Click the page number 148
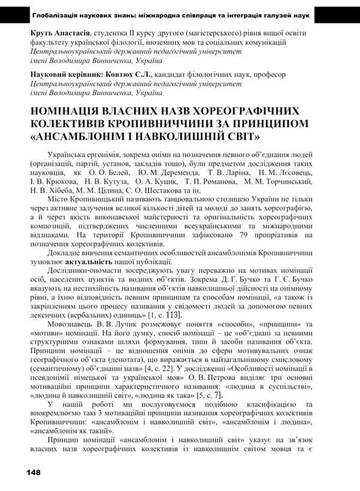point(33,472)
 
